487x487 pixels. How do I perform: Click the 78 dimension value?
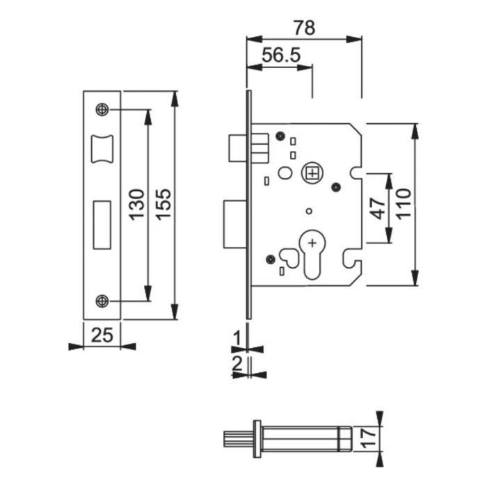coord(304,29)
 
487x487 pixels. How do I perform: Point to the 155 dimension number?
coord(163,205)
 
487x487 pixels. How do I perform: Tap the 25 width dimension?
coord(102,335)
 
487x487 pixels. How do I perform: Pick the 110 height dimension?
coord(404,205)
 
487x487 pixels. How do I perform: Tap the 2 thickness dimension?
coord(237,362)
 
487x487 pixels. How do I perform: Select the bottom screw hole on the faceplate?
coord(102,301)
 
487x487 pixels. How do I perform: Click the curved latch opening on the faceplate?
coord(102,147)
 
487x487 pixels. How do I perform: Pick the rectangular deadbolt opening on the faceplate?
coord(102,224)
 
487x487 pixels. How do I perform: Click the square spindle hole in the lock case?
coord(313,172)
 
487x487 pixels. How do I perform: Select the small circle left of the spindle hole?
coord(285,173)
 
